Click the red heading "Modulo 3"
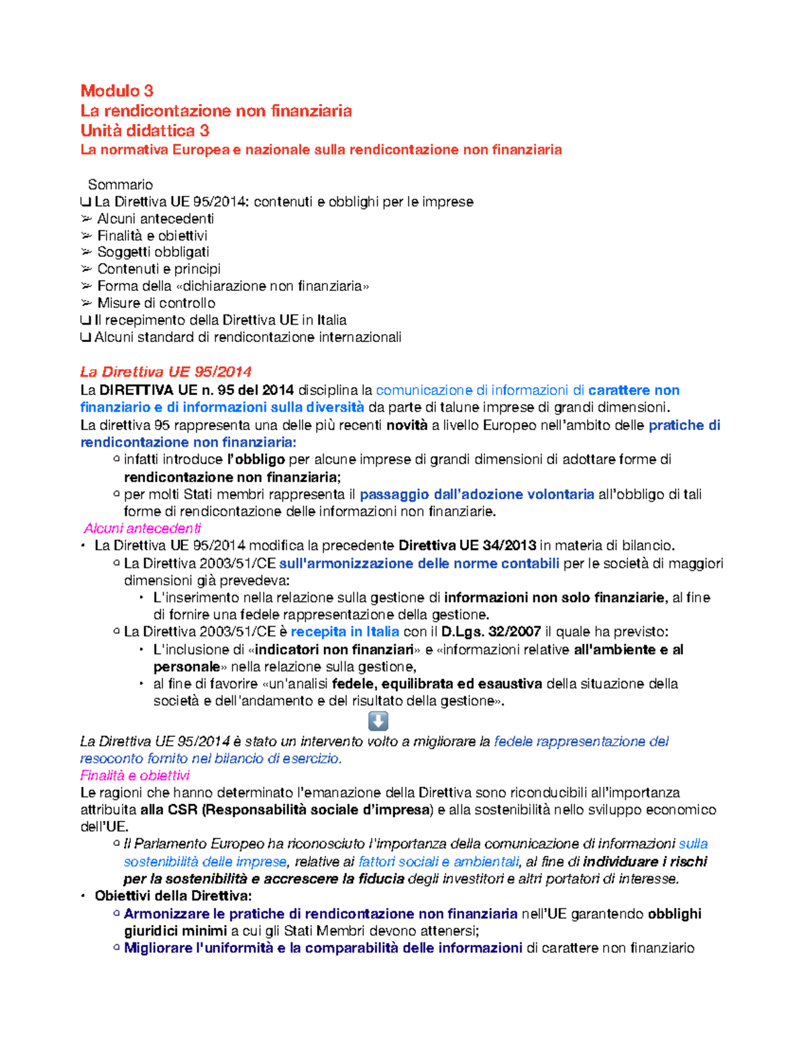[117, 91]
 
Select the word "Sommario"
[121, 184]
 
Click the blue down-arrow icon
[378, 721]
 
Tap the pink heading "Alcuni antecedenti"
[142, 529]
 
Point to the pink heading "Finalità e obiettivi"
[135, 775]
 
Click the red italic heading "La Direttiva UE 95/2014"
[166, 372]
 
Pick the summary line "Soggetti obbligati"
[153, 252]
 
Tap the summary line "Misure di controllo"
[156, 303]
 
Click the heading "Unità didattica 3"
[145, 130]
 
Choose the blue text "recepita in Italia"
[345, 632]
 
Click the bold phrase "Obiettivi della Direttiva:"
[173, 896]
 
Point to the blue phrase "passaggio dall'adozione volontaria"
[477, 494]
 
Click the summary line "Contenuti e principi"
[159, 269]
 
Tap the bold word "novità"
[407, 425]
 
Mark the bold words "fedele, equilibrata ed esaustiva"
[437, 683]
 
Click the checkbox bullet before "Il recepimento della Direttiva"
[85, 321]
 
